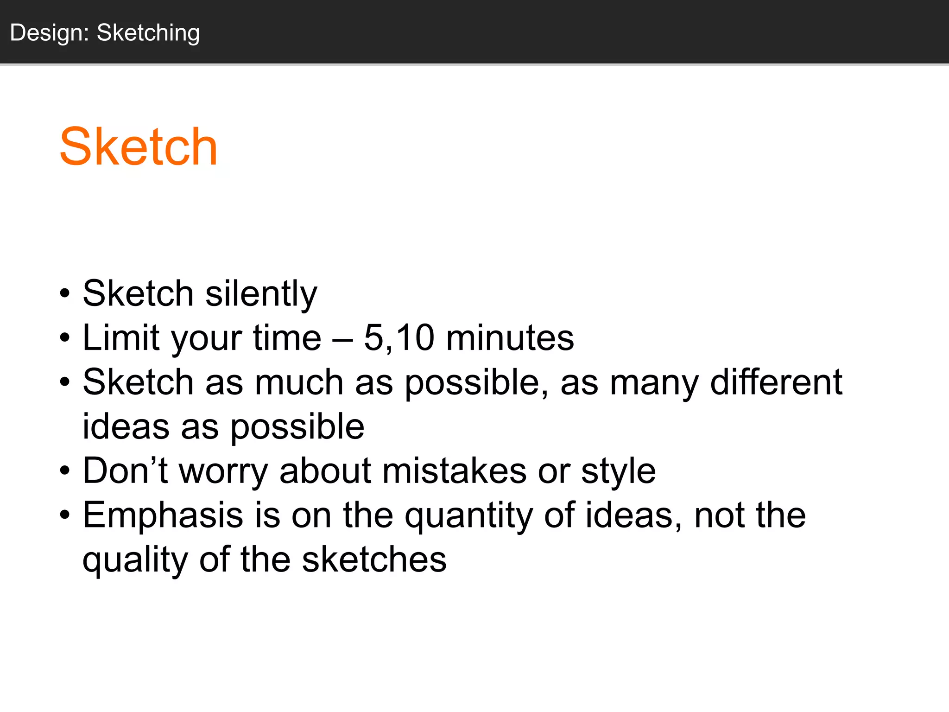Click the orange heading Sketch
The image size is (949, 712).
point(139,147)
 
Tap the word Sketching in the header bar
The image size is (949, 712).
point(148,33)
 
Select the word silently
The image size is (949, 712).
point(261,294)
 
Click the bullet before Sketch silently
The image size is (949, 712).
point(65,294)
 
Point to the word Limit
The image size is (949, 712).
point(121,337)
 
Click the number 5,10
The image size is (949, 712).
point(399,337)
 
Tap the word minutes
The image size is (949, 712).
point(510,337)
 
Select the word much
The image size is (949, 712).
point(299,382)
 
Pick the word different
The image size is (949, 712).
point(776,382)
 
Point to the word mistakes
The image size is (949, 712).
point(454,471)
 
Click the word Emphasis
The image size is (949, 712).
point(163,515)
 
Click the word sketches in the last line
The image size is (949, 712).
point(374,559)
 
